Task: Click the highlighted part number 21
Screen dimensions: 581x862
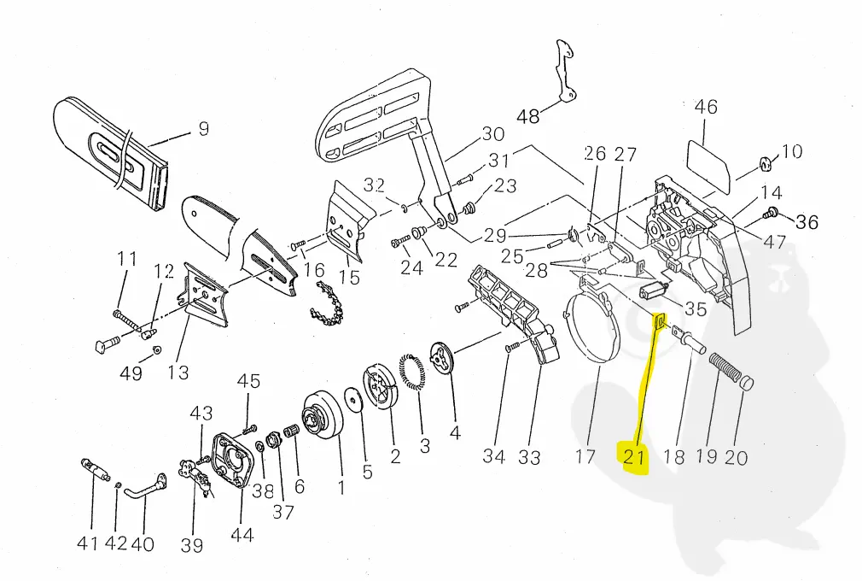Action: (633, 456)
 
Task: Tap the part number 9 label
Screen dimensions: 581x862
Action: (203, 129)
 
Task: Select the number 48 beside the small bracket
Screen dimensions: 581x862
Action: (528, 115)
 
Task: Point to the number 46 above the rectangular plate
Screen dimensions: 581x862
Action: (706, 108)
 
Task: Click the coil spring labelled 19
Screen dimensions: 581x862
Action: (726, 369)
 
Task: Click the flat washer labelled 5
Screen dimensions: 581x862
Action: (351, 401)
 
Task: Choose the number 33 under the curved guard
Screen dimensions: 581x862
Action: (529, 457)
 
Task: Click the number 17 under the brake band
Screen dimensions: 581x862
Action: (585, 457)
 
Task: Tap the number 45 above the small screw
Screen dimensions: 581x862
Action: (248, 380)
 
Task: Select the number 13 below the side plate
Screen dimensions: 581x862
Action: (178, 373)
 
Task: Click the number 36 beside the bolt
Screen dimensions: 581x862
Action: (807, 222)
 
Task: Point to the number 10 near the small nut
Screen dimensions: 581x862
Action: (792, 152)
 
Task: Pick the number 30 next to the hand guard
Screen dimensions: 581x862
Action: (493, 134)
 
